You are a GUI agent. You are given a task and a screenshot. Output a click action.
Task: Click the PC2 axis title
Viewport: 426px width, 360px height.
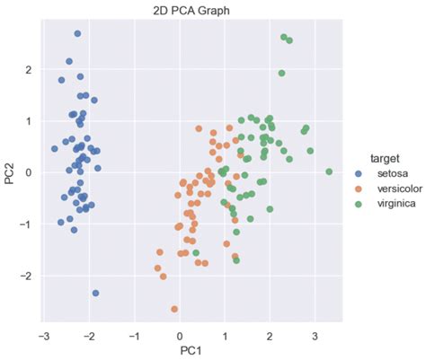coord(8,171)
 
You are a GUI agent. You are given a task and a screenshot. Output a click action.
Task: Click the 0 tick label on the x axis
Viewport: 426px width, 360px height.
coord(179,334)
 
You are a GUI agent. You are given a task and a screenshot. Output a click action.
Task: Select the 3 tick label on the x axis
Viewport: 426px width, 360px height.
coord(315,334)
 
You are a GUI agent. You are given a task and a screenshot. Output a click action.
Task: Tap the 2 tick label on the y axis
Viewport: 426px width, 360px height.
coord(28,69)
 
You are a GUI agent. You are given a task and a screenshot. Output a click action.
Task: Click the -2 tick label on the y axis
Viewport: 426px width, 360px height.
coord(26,276)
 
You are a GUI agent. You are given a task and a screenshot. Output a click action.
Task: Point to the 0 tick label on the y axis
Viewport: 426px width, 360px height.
coord(28,172)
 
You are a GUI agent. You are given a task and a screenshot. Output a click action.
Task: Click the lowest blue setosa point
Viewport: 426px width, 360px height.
coord(95,294)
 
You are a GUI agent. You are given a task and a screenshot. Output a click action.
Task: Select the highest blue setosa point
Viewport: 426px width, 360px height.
coord(77,34)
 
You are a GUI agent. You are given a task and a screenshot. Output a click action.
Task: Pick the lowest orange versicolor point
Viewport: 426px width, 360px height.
coord(174,309)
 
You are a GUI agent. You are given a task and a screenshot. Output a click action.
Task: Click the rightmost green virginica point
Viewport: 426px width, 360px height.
coord(329,171)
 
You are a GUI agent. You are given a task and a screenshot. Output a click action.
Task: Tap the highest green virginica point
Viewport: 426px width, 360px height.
coord(284,38)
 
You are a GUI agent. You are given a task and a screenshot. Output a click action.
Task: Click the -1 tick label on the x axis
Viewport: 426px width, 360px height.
coord(133,334)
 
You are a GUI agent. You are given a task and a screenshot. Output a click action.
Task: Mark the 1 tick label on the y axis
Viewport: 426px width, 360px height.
coord(28,121)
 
